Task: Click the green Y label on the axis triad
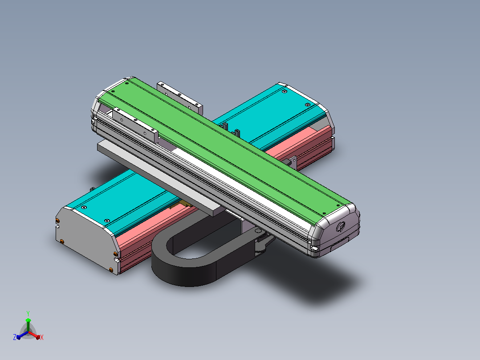[x=28, y=313]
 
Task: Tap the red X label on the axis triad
[x=42, y=337]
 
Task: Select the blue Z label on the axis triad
[x=14, y=337]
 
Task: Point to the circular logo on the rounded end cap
[x=341, y=227]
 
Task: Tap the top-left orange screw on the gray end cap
[x=57, y=221]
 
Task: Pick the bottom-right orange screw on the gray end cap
[x=111, y=270]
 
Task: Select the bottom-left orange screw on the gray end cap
[x=62, y=242]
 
